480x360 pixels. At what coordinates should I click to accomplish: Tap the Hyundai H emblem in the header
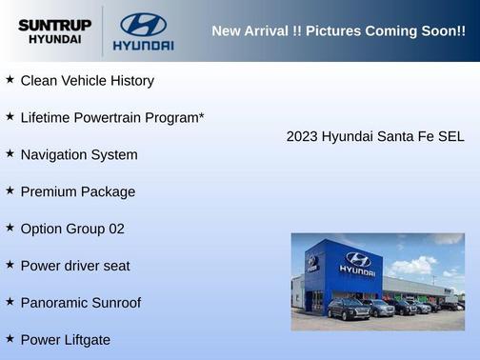143,24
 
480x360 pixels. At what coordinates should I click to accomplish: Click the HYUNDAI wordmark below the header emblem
143,45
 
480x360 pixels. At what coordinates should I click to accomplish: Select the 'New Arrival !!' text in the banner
254,30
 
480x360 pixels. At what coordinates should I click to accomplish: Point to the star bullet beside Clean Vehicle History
10,80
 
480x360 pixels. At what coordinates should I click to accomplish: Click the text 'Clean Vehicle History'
87,81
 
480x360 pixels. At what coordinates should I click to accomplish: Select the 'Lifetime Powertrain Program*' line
112,118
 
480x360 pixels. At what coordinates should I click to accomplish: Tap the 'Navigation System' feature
79,154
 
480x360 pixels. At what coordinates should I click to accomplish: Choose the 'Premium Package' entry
78,191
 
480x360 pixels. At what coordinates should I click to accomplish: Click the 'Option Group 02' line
72,229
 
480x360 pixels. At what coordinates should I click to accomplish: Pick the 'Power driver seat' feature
75,266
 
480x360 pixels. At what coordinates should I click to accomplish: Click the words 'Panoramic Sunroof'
80,303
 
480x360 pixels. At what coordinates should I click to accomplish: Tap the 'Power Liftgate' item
66,340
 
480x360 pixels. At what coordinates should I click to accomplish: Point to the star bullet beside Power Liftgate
10,338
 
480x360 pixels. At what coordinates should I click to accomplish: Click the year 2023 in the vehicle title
302,136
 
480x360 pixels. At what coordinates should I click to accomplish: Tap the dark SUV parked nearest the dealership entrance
349,309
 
